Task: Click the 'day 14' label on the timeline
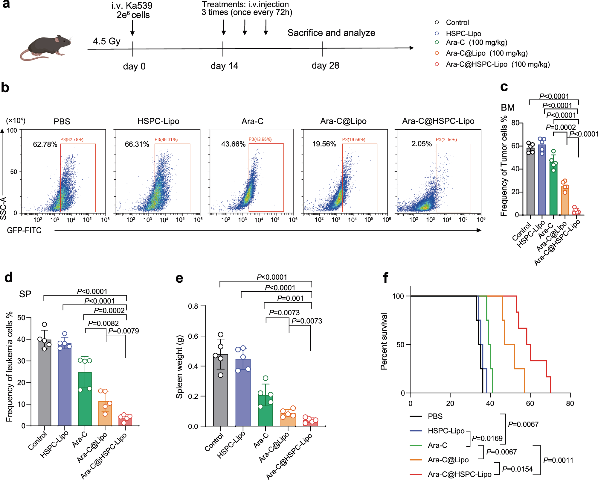point(224,66)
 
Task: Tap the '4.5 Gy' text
point(106,41)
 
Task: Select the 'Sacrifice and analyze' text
point(331,33)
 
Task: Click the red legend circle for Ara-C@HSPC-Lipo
point(437,64)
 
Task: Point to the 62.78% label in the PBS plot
point(45,144)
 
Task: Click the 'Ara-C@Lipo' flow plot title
point(343,121)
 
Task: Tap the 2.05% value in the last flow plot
point(421,144)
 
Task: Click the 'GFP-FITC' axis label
point(24,230)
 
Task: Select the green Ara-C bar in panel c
point(553,189)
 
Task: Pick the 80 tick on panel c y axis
point(515,123)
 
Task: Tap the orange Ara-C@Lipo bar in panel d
point(105,415)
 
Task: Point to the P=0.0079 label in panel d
point(123,331)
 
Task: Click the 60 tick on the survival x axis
point(530,403)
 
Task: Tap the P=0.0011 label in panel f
point(558,460)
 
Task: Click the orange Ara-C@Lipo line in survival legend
point(416,460)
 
